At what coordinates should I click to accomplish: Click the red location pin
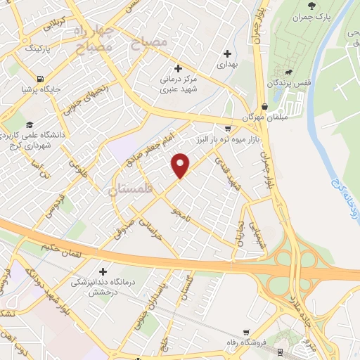(x=181, y=165)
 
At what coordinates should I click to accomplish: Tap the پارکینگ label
(x=39, y=50)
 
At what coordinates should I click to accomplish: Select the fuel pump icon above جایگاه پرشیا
(x=40, y=78)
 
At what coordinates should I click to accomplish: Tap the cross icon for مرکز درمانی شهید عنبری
(x=178, y=69)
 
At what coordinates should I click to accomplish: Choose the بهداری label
(x=228, y=64)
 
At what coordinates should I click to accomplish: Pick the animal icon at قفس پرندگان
(x=288, y=72)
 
